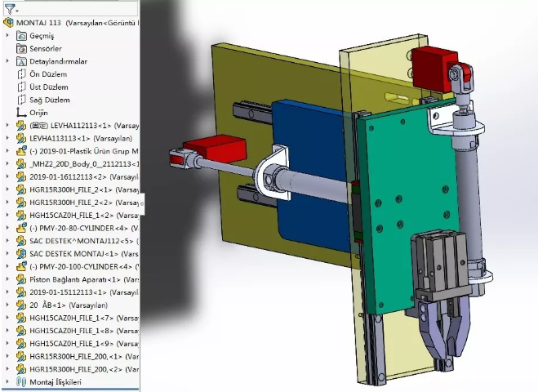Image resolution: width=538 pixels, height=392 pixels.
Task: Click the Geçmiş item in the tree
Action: tap(42, 36)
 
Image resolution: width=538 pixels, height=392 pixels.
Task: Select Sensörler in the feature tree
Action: tap(46, 48)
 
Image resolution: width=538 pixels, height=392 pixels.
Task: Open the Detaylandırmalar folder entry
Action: tap(58, 61)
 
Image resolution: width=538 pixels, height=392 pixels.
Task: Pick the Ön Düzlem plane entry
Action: tap(48, 73)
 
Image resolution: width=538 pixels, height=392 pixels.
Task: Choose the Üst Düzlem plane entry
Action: tap(48, 87)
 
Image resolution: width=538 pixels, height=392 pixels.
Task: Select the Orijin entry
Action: tap(38, 112)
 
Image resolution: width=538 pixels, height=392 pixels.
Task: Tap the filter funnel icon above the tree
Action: tap(9, 9)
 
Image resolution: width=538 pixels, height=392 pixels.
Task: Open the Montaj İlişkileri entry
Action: tap(56, 381)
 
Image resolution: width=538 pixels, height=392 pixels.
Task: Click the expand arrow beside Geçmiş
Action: tap(7, 36)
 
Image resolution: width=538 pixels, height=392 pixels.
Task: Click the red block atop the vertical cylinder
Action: tap(432, 62)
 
